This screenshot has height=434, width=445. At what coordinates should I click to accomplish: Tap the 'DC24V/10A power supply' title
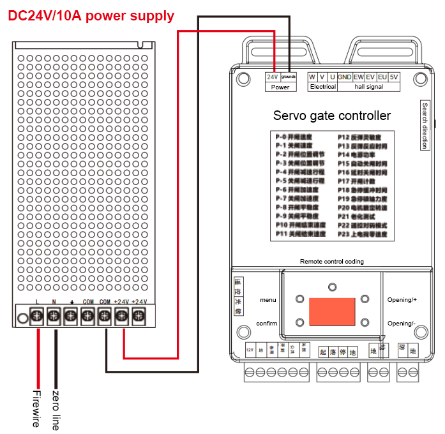tap(91, 16)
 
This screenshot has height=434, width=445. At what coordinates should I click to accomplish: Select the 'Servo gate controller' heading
tap(331, 116)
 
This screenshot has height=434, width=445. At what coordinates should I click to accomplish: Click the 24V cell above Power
tap(272, 77)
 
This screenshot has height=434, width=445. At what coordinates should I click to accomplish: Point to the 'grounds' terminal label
tap(289, 77)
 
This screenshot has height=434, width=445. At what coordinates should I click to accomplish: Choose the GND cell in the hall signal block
tap(345, 77)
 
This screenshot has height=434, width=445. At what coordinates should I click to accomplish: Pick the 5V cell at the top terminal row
tap(394, 77)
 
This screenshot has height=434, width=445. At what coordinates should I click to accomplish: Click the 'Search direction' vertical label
tap(425, 126)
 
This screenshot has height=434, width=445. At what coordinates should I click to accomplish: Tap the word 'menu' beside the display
tap(268, 299)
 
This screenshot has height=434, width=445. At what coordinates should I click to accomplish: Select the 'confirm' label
tap(267, 324)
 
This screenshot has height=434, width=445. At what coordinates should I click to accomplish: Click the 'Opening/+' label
tap(402, 299)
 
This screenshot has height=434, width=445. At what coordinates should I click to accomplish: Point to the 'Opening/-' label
tap(402, 324)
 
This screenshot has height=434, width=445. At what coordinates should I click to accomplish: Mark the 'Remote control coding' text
tap(332, 262)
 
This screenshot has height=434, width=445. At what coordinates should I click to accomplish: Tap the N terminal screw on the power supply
tap(54, 315)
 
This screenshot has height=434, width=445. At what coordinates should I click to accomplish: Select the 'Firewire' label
tap(37, 408)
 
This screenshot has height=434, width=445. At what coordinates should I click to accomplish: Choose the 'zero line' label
tap(56, 408)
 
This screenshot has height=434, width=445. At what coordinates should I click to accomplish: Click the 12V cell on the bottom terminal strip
tap(250, 350)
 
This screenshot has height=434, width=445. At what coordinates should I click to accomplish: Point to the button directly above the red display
tap(332, 287)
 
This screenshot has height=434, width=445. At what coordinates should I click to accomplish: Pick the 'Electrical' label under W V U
tap(322, 87)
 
